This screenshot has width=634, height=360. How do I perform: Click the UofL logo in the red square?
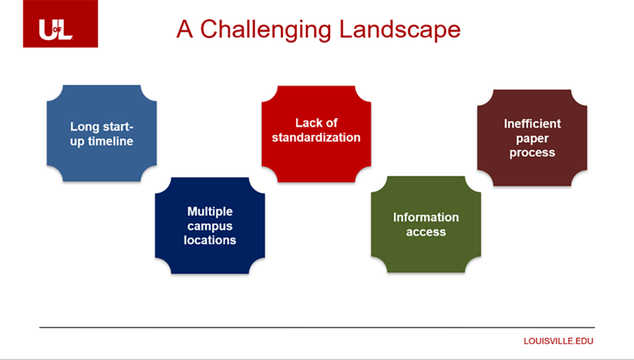pyautogui.click(x=55, y=30)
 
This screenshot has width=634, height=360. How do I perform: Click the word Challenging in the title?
pyautogui.click(x=266, y=30)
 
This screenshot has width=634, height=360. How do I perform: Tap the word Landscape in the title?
pyautogui.click(x=400, y=30)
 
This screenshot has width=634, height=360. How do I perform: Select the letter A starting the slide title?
pyautogui.click(x=184, y=29)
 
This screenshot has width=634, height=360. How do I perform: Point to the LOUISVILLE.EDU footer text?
pyautogui.click(x=559, y=341)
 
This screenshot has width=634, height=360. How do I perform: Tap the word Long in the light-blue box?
pyautogui.click(x=84, y=127)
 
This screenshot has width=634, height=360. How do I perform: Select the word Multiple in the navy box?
pyautogui.click(x=210, y=211)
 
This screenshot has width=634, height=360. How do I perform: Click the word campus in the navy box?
pyautogui.click(x=210, y=226)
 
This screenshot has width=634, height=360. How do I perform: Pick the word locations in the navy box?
pyautogui.click(x=210, y=240)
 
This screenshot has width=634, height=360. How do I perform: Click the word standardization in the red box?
pyautogui.click(x=316, y=137)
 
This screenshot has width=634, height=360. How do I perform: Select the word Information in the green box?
pyautogui.click(x=426, y=217)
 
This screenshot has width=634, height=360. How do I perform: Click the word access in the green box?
pyautogui.click(x=426, y=232)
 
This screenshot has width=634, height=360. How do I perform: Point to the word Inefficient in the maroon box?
pyautogui.click(x=532, y=124)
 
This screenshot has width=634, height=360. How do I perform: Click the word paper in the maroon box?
pyautogui.click(x=532, y=139)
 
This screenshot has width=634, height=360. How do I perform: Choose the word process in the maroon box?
pyautogui.click(x=532, y=153)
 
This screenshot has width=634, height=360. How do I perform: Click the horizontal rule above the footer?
pyautogui.click(x=317, y=327)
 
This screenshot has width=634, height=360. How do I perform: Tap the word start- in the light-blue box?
pyautogui.click(x=117, y=127)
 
